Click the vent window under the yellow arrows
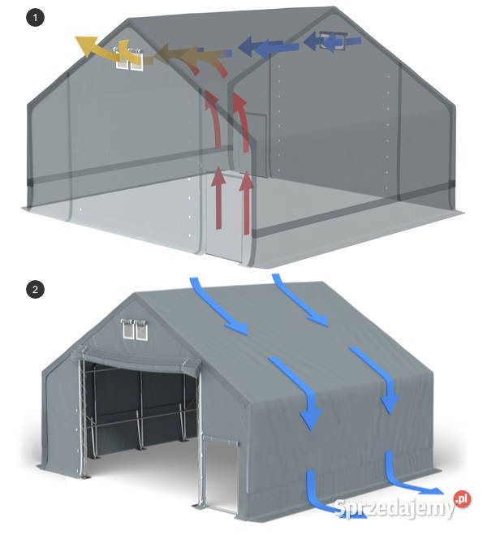coord(130,59)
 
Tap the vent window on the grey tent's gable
coord(131,330)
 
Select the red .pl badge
coord(462,498)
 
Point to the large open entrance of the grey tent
coord(138,414)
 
